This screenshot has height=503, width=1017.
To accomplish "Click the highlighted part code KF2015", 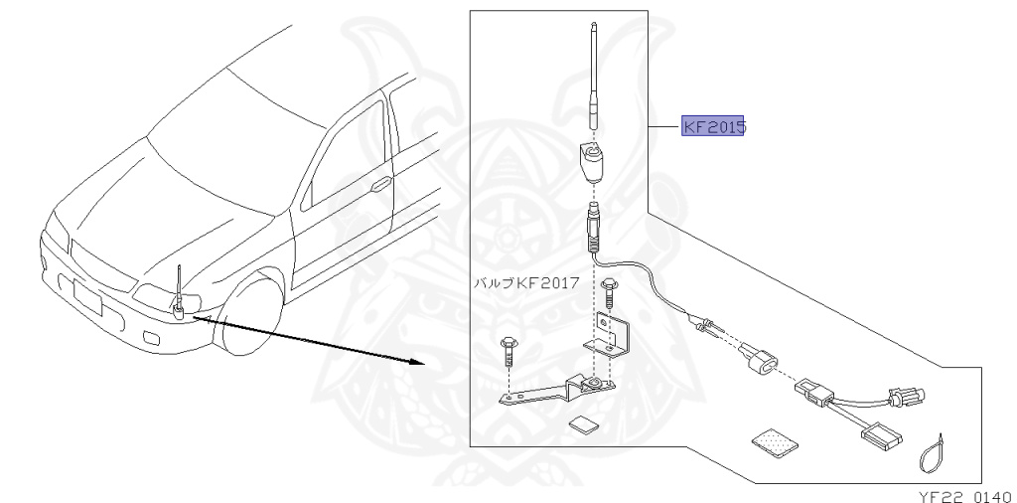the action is click(x=713, y=127).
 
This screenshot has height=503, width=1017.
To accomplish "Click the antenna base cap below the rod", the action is click(x=591, y=161).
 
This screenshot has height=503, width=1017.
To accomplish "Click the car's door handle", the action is click(x=379, y=184).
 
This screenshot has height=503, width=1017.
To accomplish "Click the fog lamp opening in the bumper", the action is click(x=148, y=338).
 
